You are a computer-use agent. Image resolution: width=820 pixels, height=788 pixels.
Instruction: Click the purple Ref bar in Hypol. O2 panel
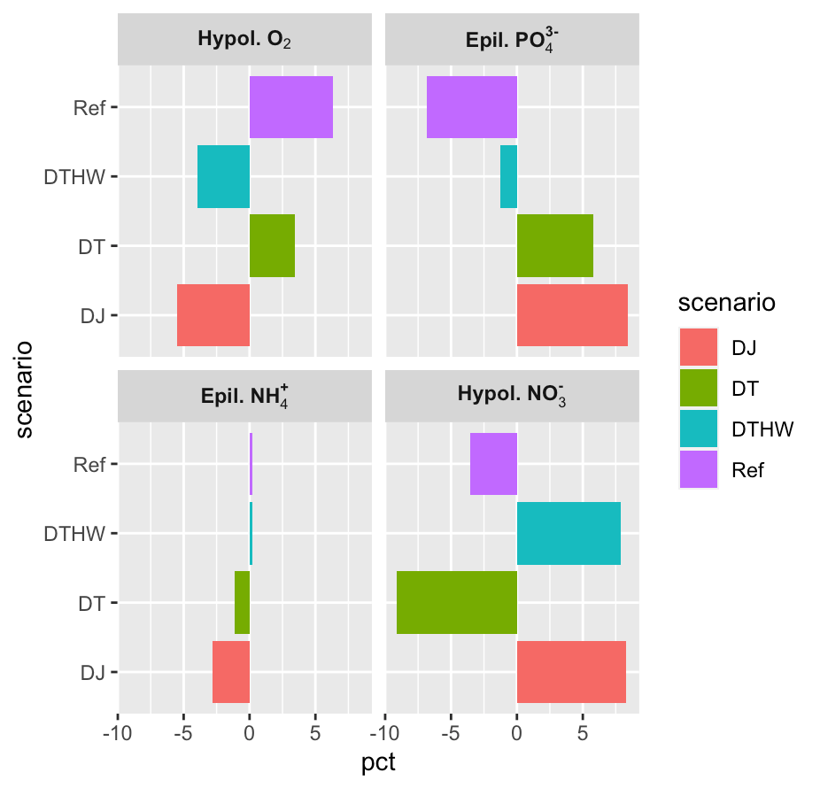click(290, 107)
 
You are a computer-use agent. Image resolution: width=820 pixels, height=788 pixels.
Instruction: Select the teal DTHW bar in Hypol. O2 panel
click(223, 177)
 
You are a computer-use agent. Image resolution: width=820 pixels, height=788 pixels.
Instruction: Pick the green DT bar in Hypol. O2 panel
click(272, 246)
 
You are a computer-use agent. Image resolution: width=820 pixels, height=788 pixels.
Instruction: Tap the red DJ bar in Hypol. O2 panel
click(213, 315)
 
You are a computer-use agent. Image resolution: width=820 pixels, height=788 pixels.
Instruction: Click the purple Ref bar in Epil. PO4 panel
click(471, 107)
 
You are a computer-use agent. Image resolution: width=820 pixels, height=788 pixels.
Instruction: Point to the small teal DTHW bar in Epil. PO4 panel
click(508, 177)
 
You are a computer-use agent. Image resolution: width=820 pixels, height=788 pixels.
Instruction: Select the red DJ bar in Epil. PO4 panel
click(572, 315)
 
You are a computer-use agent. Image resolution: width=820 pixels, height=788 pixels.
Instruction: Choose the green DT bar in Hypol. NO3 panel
click(456, 603)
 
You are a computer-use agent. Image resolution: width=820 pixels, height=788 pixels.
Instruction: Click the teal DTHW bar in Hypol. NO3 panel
click(569, 533)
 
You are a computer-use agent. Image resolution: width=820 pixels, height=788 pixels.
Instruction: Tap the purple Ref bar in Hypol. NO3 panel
click(493, 464)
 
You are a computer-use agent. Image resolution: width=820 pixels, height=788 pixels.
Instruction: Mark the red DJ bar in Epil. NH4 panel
click(231, 672)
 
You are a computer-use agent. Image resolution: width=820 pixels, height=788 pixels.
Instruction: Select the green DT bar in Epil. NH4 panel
click(242, 603)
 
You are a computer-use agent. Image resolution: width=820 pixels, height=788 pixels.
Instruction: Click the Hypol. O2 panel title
click(245, 40)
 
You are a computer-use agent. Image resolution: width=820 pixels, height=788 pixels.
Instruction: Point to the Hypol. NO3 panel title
click(511, 395)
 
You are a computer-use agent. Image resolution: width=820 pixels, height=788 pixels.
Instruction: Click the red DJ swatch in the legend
click(704, 348)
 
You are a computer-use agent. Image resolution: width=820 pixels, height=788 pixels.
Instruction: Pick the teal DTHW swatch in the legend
click(704, 429)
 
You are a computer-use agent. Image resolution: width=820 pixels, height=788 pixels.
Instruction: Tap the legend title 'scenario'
click(726, 302)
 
